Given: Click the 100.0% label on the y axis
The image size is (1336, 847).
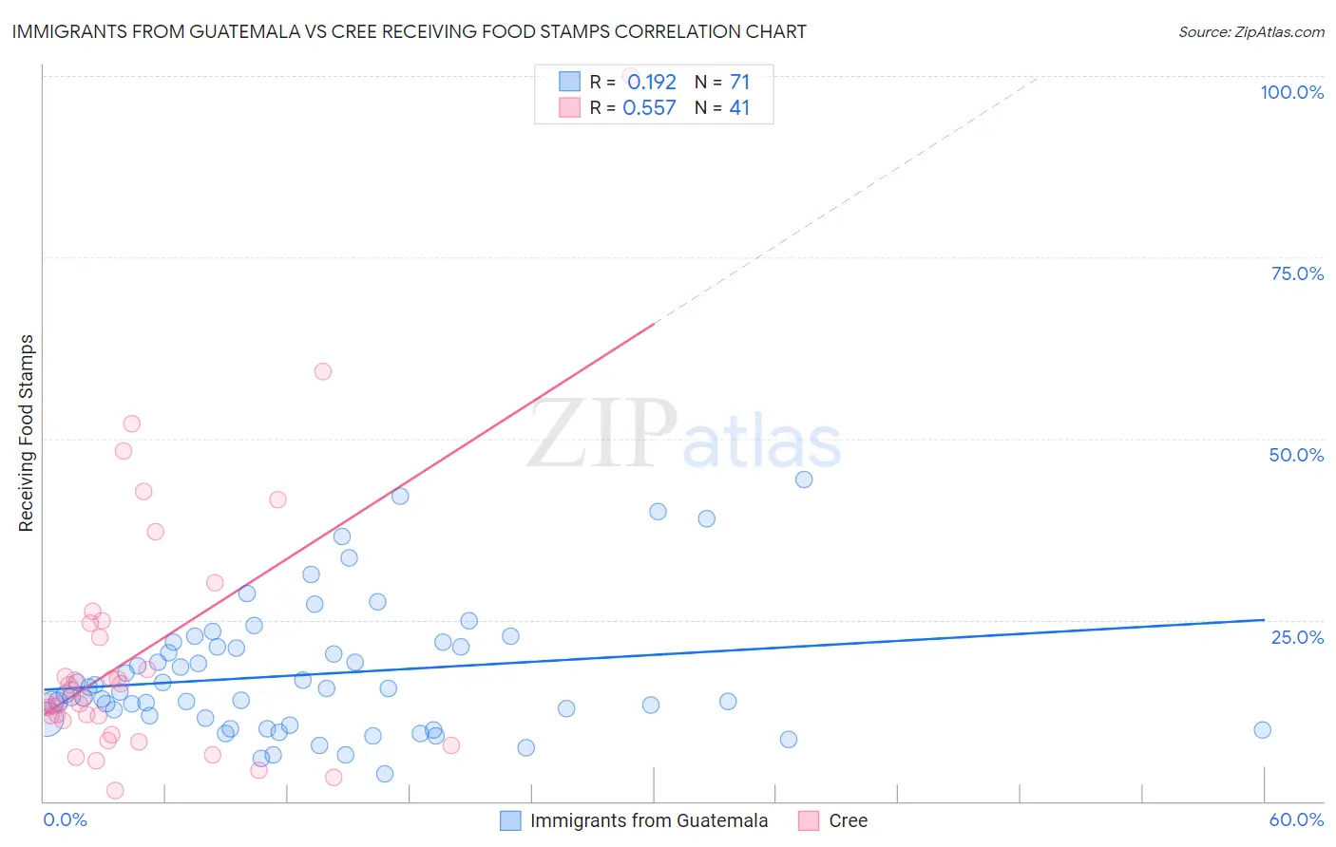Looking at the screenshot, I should (1291, 92).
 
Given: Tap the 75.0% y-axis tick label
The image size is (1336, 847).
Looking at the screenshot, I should (1297, 273).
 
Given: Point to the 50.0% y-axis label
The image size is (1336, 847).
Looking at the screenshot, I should (1296, 455).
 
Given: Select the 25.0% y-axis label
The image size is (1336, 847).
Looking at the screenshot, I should (1297, 637).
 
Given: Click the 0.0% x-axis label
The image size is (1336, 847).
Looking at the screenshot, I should (65, 819).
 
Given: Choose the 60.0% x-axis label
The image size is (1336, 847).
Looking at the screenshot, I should (1296, 819).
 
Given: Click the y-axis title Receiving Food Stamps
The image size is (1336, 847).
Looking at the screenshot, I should (26, 433).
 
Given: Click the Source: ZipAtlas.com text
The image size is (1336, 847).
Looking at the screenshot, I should (1250, 31).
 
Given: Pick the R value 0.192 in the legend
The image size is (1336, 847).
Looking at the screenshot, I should (651, 82).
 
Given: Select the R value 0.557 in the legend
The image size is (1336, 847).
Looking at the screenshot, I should (649, 107).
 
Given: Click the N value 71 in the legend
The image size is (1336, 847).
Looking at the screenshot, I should (739, 82).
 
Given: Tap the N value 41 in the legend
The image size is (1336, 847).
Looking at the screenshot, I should (739, 107).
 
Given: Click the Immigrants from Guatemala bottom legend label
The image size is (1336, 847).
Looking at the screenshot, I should (649, 820).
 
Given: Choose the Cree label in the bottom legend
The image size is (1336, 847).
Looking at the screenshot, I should (848, 820).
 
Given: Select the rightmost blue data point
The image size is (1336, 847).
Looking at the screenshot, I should (1262, 729).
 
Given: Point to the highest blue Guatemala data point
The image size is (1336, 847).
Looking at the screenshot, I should (804, 480).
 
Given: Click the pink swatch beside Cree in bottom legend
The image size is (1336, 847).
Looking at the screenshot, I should (809, 820).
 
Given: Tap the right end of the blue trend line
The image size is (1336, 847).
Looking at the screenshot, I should (1264, 619).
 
